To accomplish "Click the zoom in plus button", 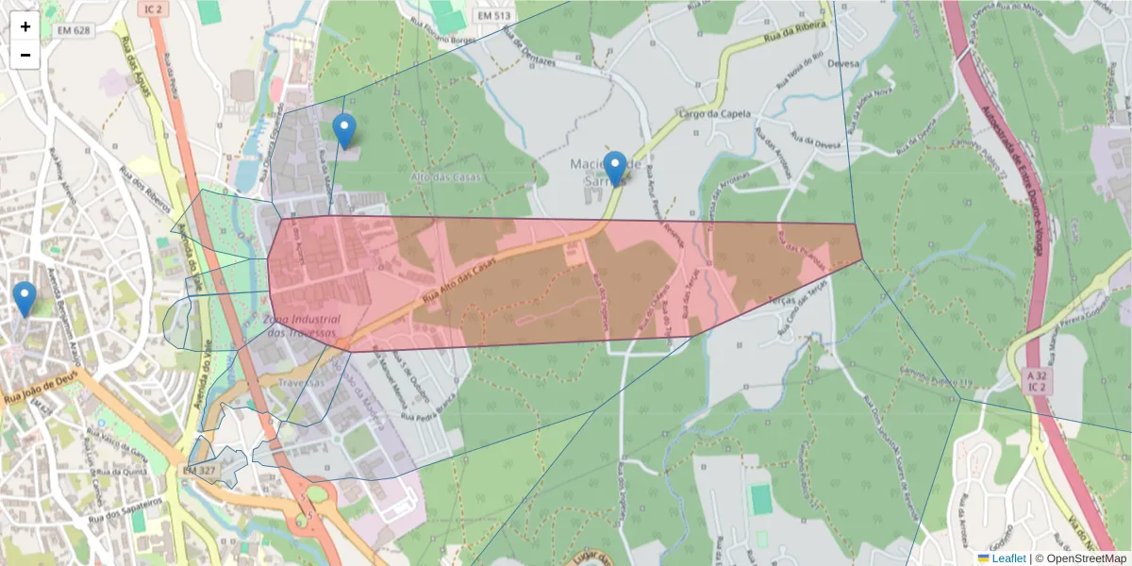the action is click(25, 26).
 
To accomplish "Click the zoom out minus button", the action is click(25, 55).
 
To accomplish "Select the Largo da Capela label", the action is click(715, 114).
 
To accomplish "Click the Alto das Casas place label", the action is click(445, 176).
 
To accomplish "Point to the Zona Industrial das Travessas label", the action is click(302, 326).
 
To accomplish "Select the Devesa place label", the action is click(840, 65).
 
